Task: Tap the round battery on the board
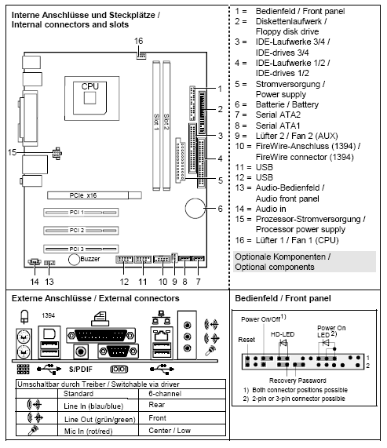click(x=195, y=208)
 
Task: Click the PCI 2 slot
click(x=76, y=230)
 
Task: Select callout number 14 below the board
click(x=35, y=281)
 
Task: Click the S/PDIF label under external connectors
click(x=83, y=367)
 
